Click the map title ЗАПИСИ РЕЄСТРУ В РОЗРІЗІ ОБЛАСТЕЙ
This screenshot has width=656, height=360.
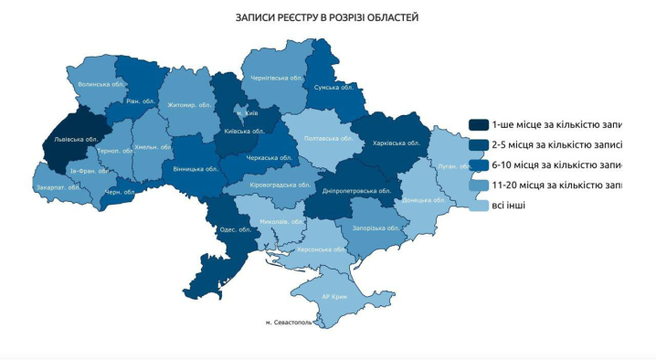coord(328,17)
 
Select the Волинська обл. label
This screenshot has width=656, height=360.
coord(101,84)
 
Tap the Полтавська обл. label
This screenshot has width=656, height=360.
coord(328,138)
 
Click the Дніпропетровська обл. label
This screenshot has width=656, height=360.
coord(357,192)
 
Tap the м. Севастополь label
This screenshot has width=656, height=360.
coord(290,323)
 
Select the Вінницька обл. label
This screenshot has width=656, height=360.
coord(196,169)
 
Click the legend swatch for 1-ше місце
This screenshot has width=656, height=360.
coord(478,124)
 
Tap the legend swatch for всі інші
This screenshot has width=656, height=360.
coord(478,206)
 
